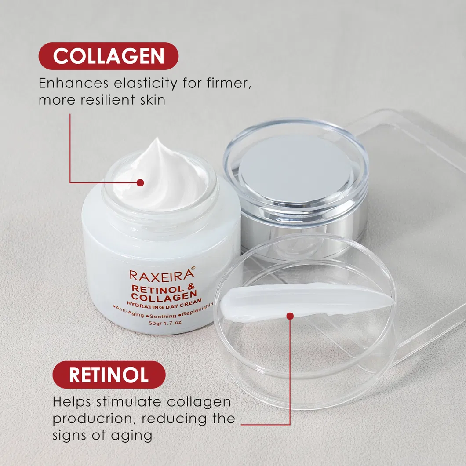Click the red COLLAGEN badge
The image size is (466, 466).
tap(109, 56)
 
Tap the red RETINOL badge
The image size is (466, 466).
tap(109, 375)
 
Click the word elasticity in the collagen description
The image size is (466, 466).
tap(146, 84)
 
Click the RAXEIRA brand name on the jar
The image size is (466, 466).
tap(161, 276)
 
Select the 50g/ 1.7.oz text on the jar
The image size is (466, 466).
tap(165, 323)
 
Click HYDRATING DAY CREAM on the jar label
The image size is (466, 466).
tap(164, 304)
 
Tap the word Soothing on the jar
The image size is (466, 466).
tap(163, 316)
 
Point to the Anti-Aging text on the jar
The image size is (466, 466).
tap(130, 311)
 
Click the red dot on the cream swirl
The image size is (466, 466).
tap(140, 183)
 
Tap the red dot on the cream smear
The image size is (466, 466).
tap(290, 316)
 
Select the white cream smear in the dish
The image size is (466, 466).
tap(306, 301)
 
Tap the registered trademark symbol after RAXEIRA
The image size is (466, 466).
tap(193, 268)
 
